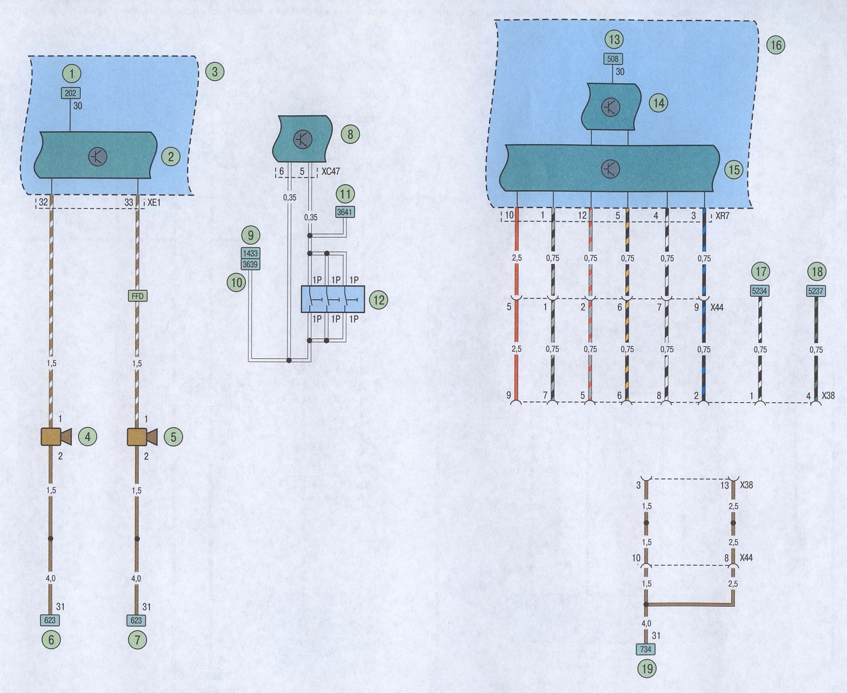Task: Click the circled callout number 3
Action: point(215,72)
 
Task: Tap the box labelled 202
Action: point(71,93)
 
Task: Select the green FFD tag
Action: point(137,296)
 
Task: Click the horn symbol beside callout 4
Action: point(56,437)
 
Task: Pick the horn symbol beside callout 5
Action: point(142,437)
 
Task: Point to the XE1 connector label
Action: point(154,203)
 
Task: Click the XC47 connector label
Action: point(330,171)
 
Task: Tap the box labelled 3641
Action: point(345,212)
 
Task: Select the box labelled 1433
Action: point(250,253)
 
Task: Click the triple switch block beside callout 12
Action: point(333,299)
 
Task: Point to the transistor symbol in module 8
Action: point(303,139)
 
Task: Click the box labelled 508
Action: point(613,59)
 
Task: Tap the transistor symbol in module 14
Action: point(611,107)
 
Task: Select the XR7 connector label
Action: point(722,216)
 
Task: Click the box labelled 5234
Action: point(760,291)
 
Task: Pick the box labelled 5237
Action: point(816,291)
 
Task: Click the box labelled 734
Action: point(646,649)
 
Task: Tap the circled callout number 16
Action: point(775,45)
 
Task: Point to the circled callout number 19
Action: point(647,669)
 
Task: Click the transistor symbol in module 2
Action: point(98,156)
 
